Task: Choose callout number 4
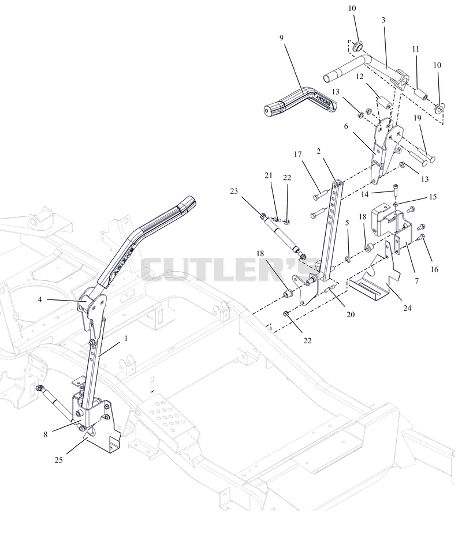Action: [x=40, y=299]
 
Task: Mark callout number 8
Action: [x=46, y=434]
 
